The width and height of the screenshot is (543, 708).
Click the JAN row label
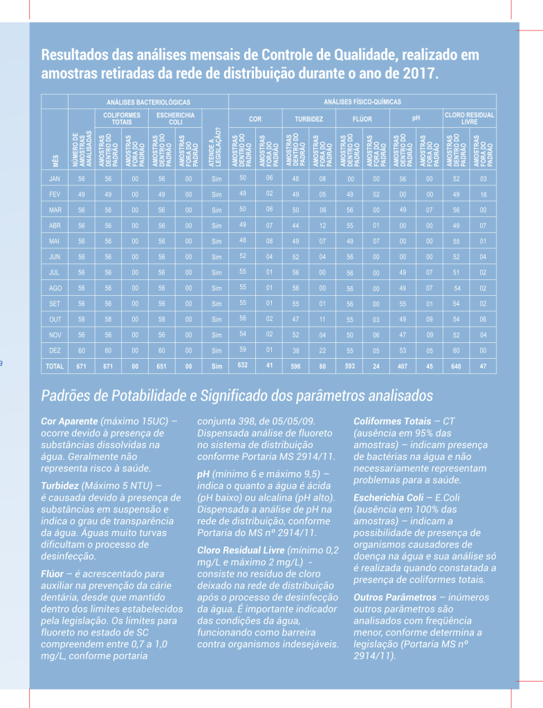click(55, 179)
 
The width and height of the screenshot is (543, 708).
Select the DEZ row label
click(55, 351)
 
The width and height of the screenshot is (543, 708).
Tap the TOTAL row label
click(54, 366)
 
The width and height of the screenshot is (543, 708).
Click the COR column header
click(255, 119)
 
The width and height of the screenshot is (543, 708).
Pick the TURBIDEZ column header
click(309, 119)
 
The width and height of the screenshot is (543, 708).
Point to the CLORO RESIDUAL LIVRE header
click(470, 118)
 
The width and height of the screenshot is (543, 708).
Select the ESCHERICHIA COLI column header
click(176, 118)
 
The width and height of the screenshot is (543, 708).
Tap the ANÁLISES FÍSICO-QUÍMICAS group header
click(362, 102)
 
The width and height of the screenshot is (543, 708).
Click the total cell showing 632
click(243, 365)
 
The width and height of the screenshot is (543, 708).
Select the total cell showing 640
click(456, 366)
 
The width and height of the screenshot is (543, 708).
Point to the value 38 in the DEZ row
click(295, 350)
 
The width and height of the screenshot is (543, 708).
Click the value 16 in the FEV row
click(483, 194)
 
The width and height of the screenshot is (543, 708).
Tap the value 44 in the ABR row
click(295, 225)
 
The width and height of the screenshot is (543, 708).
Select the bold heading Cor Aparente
click(69, 420)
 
